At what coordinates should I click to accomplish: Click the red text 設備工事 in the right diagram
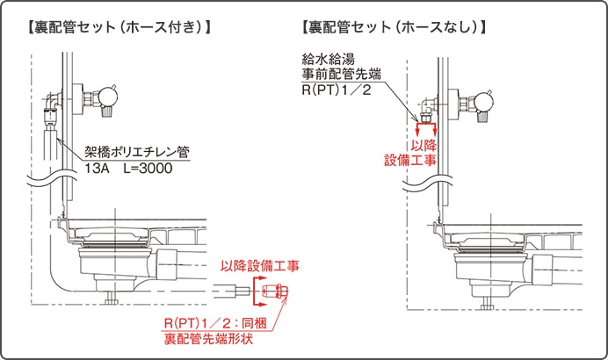(411, 160)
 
